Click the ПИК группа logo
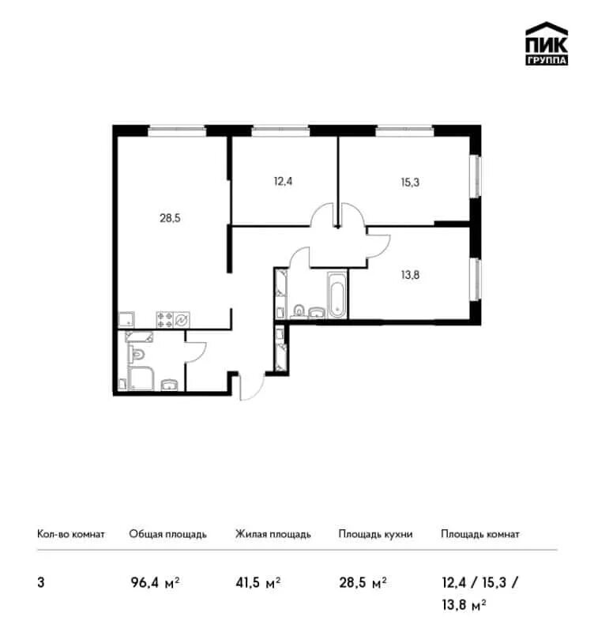pos(547,43)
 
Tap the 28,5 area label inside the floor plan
pos(170,218)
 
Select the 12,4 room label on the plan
pos(283,182)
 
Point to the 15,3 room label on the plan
pos(410,182)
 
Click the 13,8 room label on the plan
pos(410,275)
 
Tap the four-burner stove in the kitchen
pos(165,320)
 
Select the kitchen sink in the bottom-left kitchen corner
pos(126,319)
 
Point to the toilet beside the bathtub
pos(299,311)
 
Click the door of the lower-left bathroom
pos(195,352)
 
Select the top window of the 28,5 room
pos(177,130)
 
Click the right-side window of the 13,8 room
pos(476,279)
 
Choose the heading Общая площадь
pos(167,535)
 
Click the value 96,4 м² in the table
pos(155,583)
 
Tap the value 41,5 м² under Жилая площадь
pos(258,583)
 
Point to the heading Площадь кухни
pos(375,535)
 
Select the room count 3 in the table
pos(41,583)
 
